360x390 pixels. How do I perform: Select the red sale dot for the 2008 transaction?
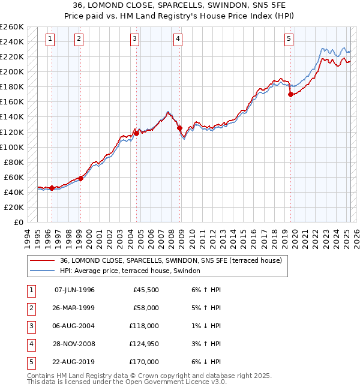[179, 128]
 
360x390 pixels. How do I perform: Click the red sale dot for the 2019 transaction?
[290, 94]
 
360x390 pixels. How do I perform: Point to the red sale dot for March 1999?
[80, 178]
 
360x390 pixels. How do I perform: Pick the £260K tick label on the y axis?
[12, 27]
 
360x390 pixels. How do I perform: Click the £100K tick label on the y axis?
[12, 147]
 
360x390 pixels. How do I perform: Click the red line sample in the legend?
[42, 260]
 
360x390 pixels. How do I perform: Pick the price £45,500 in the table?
[146, 290]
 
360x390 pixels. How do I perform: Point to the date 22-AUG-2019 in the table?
[74, 362]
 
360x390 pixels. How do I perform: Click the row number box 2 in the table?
[31, 308]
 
